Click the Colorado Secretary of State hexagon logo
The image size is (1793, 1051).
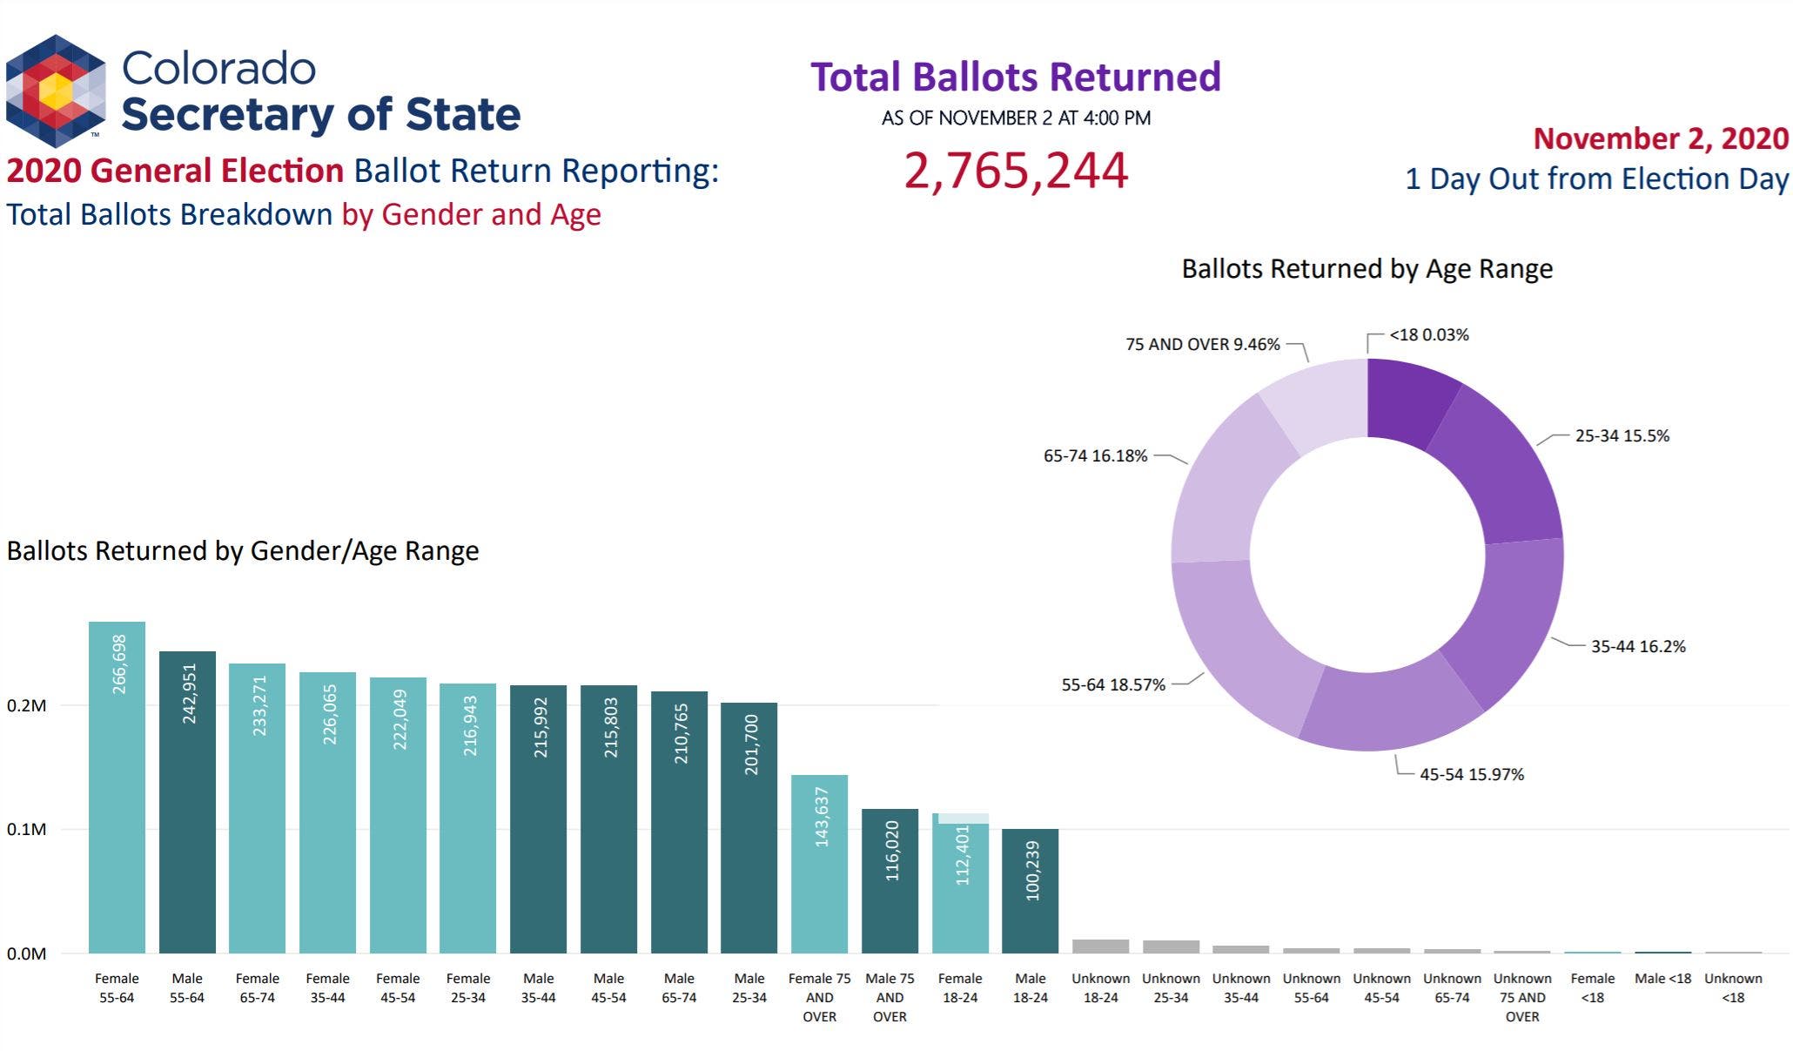[56, 91]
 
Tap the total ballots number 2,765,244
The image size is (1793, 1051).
[1016, 171]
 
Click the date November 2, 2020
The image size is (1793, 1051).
[1660, 139]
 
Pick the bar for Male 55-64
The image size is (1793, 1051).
[187, 802]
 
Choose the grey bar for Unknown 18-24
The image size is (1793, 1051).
[1100, 947]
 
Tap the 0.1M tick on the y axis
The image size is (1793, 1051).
[26, 830]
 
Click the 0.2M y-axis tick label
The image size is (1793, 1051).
[26, 706]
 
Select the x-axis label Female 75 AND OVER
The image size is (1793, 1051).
[819, 998]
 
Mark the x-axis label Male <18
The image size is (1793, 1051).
[1662, 979]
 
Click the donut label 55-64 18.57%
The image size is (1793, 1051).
[1112, 685]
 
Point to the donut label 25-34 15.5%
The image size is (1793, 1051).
[1622, 436]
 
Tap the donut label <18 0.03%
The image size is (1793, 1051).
[1428, 335]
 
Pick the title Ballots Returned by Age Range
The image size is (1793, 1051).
[1367, 269]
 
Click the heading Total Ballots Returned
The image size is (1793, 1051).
[1016, 77]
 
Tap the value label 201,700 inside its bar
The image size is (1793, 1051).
[751, 744]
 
